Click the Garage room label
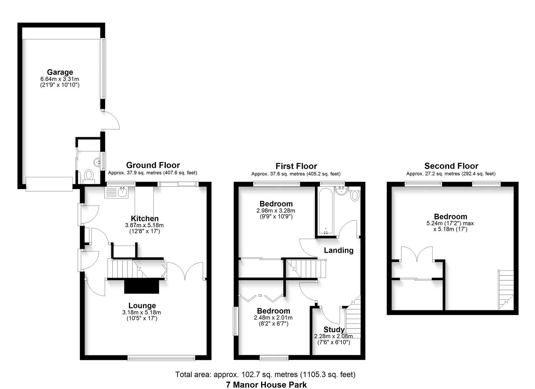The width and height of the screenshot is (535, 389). tap(60, 72)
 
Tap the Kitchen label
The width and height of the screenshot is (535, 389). tap(144, 219)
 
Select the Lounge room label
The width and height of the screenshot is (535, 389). tap(142, 306)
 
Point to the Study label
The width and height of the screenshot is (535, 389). tap(334, 330)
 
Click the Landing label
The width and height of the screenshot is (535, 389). tap(338, 250)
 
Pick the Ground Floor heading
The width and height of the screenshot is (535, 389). tap(153, 165)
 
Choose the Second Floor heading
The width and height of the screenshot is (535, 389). tap(451, 166)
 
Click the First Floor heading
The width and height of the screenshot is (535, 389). tap(296, 166)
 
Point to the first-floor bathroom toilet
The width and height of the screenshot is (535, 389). tap(355, 196)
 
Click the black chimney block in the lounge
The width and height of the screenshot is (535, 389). tap(142, 287)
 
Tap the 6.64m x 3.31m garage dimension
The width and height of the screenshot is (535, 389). tap(60, 79)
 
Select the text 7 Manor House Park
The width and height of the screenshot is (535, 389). tap(266, 385)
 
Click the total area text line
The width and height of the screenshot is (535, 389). tap(265, 375)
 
